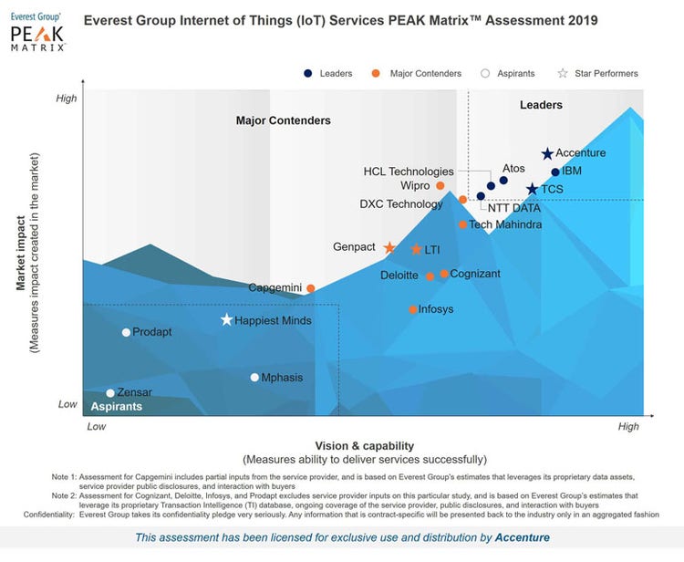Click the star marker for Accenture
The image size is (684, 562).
(547, 154)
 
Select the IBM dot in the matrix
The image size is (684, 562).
(555, 172)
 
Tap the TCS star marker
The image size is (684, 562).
(533, 190)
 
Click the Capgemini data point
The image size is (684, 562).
(311, 288)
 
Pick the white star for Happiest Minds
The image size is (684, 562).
(227, 320)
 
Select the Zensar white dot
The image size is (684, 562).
(110, 393)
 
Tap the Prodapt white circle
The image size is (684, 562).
(126, 332)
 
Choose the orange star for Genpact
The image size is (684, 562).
(389, 248)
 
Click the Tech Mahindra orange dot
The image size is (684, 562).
(462, 224)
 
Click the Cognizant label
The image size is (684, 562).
(475, 273)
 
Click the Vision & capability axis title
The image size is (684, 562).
(364, 446)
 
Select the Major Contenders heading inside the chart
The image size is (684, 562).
(283, 120)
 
